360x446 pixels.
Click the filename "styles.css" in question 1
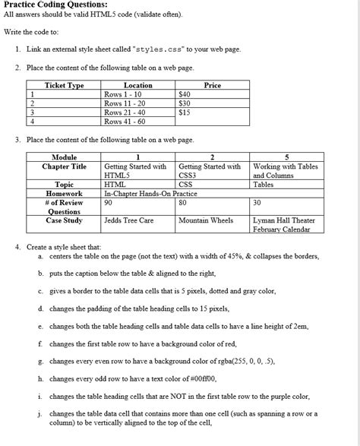(161, 49)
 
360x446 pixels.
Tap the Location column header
(137, 86)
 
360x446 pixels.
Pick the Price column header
(212, 86)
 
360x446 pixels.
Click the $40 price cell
(185, 94)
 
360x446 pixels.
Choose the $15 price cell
(185, 112)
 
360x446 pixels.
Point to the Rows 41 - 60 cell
(125, 121)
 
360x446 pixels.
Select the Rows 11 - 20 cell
(125, 103)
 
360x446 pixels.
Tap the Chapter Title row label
(64, 166)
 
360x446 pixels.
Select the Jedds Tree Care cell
(129, 220)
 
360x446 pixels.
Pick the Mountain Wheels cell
(206, 220)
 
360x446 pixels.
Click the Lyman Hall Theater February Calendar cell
(283, 225)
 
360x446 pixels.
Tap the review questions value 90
(109, 203)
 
